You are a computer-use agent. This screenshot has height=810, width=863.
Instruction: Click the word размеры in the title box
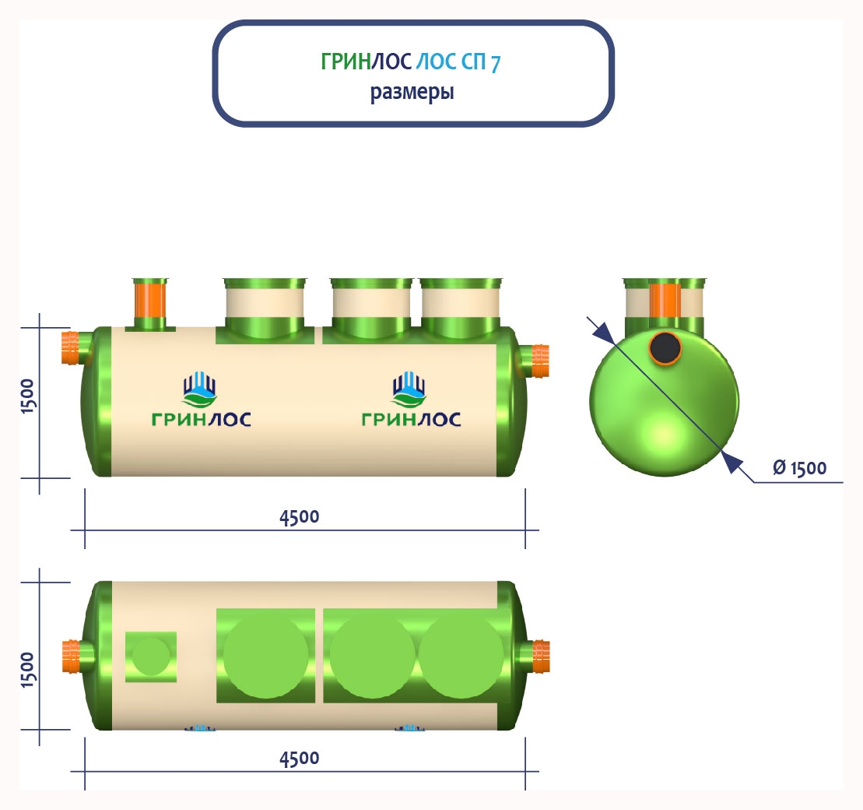(x=412, y=93)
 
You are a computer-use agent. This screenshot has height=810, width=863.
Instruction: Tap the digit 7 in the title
(x=495, y=63)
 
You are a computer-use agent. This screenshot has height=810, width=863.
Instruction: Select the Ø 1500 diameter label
(x=799, y=468)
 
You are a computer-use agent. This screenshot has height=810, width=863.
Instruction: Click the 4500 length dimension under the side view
(x=300, y=516)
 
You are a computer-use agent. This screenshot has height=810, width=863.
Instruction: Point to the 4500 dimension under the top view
(x=300, y=758)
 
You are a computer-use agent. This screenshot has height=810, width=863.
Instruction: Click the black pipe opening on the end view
(x=665, y=347)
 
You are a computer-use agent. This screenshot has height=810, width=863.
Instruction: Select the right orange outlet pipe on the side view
(x=538, y=361)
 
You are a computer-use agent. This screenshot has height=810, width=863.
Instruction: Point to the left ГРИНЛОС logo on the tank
(x=201, y=401)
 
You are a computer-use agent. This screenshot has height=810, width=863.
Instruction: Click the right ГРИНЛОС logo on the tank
(x=411, y=401)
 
